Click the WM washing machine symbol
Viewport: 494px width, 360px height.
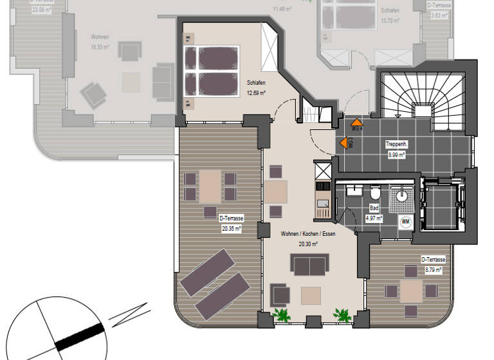pos(406,222)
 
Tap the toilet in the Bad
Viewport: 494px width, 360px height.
pos(374,193)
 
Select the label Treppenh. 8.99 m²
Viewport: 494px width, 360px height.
pos(395,149)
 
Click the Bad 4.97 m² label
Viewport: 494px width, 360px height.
pos(374,213)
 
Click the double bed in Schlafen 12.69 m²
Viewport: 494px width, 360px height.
pos(212,72)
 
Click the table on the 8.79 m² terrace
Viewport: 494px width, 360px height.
pos(411,291)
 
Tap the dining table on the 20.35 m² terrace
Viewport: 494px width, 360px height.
pos(210,184)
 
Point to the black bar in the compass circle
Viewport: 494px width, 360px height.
pos(79,337)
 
